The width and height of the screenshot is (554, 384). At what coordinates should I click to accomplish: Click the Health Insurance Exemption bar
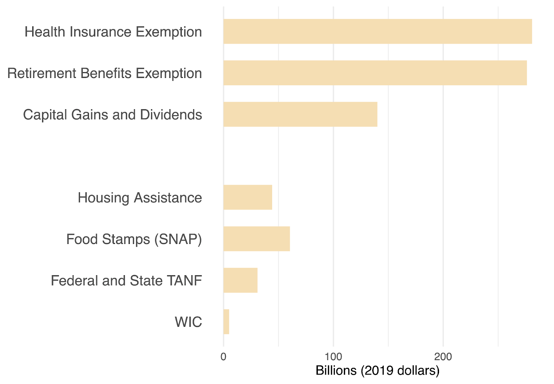pos(377,32)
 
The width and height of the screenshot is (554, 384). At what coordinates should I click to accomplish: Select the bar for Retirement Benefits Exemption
pos(375,73)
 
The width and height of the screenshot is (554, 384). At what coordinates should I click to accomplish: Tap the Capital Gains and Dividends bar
pos(300,114)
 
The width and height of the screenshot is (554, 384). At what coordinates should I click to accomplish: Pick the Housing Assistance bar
pos(248,197)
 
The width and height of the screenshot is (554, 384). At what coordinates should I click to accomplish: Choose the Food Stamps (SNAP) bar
pos(257,239)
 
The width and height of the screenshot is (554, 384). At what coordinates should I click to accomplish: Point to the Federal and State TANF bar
pos(240,280)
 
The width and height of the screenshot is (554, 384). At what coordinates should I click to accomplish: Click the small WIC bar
pos(226,322)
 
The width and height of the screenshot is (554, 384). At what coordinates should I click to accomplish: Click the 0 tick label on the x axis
pos(223,357)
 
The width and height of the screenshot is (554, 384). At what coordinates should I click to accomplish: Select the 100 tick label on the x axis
pos(333,357)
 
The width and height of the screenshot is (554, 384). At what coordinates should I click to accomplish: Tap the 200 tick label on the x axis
pos(443,357)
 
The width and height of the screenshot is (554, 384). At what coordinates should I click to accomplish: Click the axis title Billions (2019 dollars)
pos(377,370)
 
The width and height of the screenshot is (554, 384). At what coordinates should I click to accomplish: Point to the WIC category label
pos(188,322)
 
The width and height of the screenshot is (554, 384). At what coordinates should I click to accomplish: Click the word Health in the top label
pos(45,32)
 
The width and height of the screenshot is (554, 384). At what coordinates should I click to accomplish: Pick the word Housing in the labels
pos(103,198)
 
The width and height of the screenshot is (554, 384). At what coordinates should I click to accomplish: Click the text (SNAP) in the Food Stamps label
pos(178,239)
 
